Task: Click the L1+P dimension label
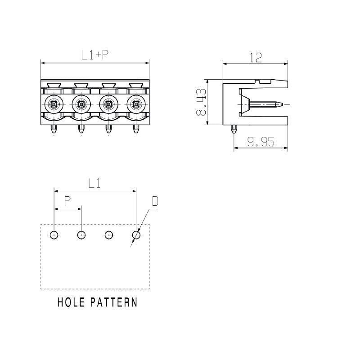pyautogui.click(x=95, y=55)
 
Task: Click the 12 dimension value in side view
pyautogui.click(x=256, y=58)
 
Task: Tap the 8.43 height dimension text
pyautogui.click(x=201, y=103)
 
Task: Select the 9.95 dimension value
pyautogui.click(x=261, y=142)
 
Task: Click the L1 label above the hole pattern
pyautogui.click(x=94, y=183)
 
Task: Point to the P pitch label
pyautogui.click(x=67, y=201)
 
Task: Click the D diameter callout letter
pyautogui.click(x=155, y=201)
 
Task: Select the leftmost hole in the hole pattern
pyautogui.click(x=54, y=235)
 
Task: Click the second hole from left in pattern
pyautogui.click(x=81, y=235)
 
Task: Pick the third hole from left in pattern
pyautogui.click(x=109, y=235)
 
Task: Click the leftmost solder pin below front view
pyautogui.click(x=54, y=130)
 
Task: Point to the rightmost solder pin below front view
pyautogui.click(x=136, y=130)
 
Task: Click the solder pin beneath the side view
pyautogui.click(x=233, y=130)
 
